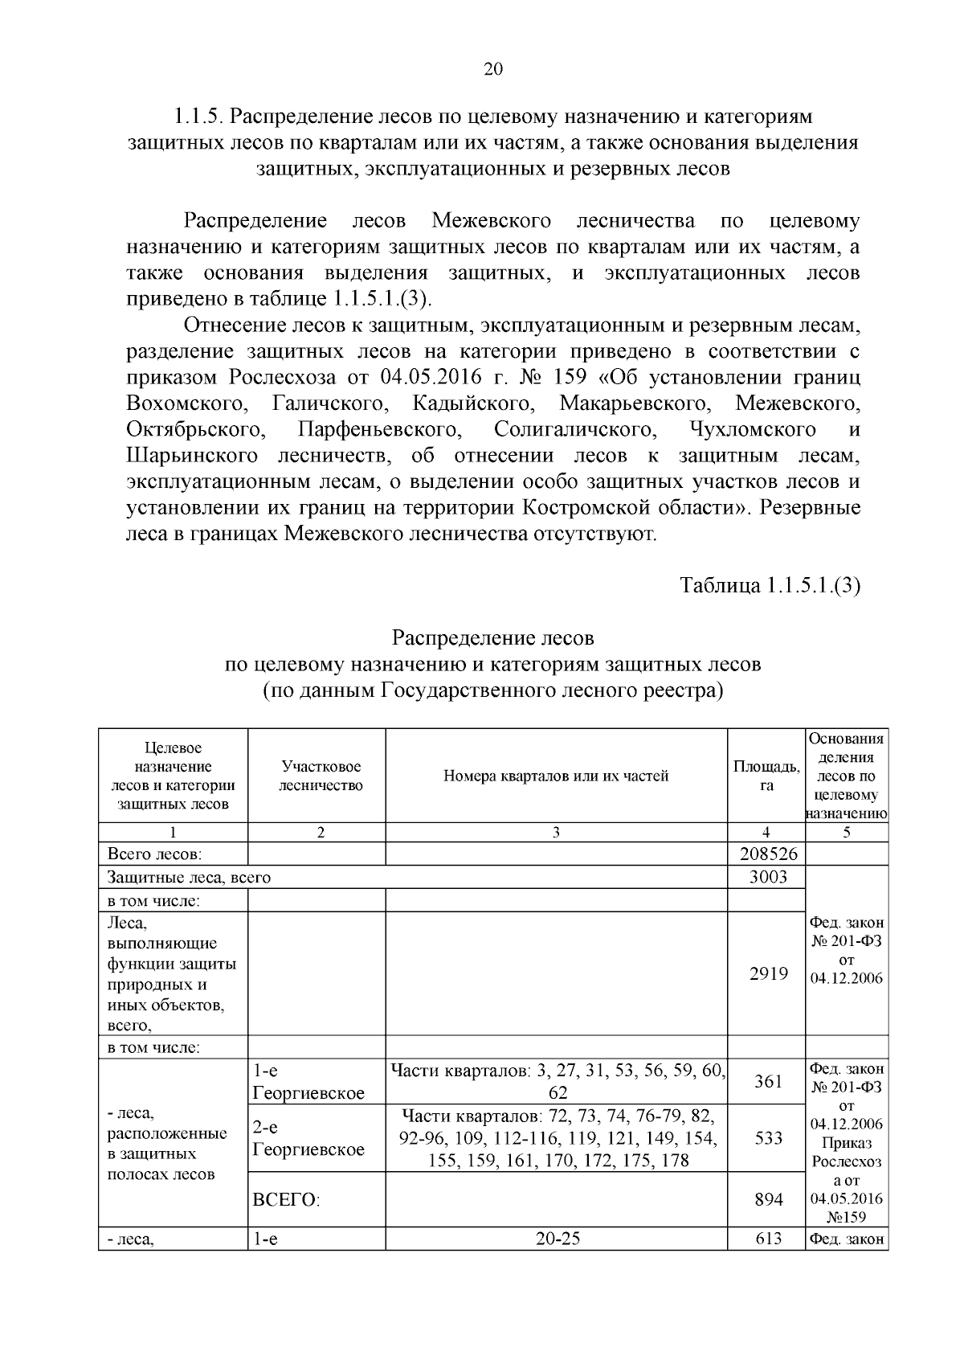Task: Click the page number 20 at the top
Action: pos(492,69)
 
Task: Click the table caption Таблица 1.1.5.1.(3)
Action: pos(770,585)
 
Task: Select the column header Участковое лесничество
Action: pos(321,776)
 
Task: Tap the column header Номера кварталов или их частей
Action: pos(556,776)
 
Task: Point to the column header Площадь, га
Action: pos(766,776)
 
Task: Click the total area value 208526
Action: pos(766,854)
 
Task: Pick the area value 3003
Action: pos(767,877)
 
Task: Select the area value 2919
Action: pos(768,973)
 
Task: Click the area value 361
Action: pos(768,1081)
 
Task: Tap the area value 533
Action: pos(768,1137)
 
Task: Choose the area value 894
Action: pos(768,1199)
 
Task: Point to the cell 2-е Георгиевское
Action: pos(308,1138)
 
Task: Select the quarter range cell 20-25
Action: pos(557,1239)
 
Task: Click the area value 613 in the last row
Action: pos(768,1239)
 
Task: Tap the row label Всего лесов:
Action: pos(154,854)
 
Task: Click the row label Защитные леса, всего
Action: pos(189,878)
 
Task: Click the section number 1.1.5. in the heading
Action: pos(198,117)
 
